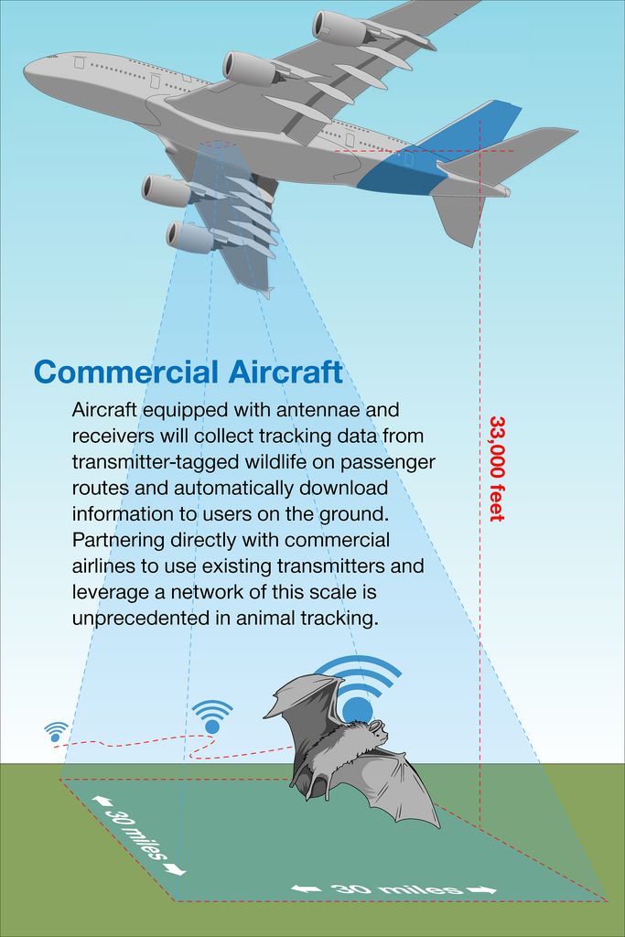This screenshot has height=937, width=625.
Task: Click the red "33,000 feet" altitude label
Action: click(497, 468)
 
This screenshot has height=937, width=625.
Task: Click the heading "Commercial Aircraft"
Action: click(189, 372)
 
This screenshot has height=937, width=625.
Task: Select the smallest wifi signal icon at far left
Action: click(56, 732)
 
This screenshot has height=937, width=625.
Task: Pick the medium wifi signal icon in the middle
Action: click(212, 716)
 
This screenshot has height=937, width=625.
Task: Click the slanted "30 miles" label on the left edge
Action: click(137, 835)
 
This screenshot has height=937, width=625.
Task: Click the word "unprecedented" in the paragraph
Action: click(141, 618)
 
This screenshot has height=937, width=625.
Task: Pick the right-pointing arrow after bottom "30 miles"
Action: click(481, 890)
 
